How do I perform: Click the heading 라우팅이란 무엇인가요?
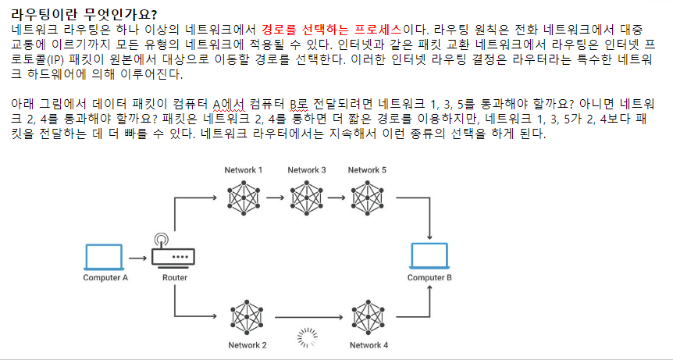(84, 13)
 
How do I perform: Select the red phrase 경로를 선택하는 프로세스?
(332, 29)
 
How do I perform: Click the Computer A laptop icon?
(105, 258)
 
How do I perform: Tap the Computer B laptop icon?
(429, 258)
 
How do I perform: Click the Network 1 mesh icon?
(244, 197)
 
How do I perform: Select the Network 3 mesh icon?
(306, 197)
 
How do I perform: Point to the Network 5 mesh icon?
(367, 197)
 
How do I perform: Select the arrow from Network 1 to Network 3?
(275, 197)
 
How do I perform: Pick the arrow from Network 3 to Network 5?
(336, 197)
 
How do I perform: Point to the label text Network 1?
(244, 169)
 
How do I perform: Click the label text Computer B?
(429, 278)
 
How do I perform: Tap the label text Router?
(174, 278)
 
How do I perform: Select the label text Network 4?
(369, 345)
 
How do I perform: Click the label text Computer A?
(105, 278)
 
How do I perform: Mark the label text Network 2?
(247, 345)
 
